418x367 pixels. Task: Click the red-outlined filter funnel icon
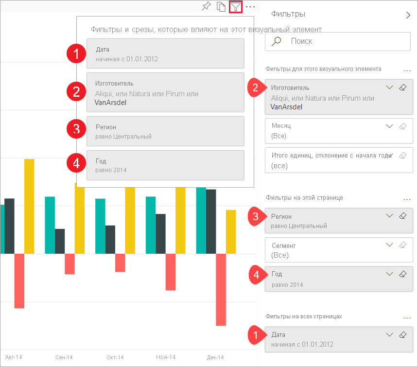[236, 7]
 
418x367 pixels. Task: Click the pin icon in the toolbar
[207, 7]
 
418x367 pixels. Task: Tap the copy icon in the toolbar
[221, 7]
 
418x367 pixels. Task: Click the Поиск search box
[338, 41]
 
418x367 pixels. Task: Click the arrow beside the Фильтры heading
[408, 15]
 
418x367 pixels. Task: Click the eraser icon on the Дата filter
[402, 335]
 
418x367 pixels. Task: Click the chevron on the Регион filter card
[389, 216]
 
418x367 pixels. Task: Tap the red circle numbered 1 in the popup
[76, 53]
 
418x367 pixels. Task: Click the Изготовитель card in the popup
[165, 92]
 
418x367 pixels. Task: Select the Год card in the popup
[165, 165]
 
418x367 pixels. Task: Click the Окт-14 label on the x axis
[115, 357]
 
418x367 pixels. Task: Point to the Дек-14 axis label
[215, 357]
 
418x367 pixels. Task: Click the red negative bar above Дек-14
[221, 289]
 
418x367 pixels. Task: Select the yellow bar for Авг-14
[29, 206]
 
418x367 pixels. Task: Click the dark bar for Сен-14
[60, 241]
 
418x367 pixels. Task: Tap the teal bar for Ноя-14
[151, 225]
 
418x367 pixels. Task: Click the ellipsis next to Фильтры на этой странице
[407, 198]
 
